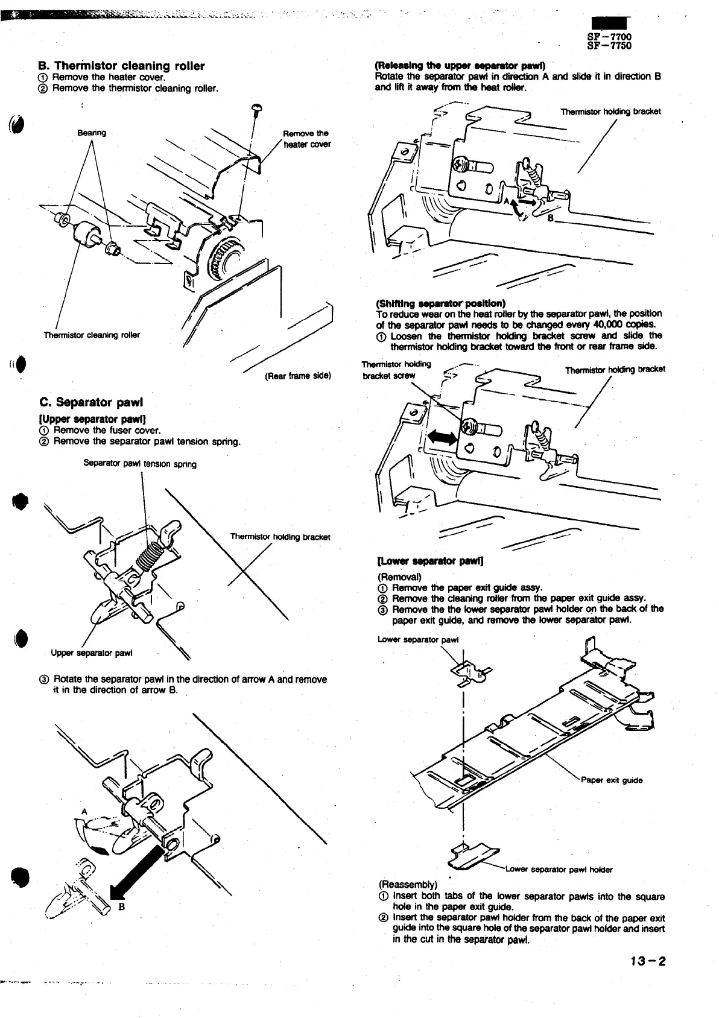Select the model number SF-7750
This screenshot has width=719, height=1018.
click(609, 46)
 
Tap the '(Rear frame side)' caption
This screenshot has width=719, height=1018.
click(297, 376)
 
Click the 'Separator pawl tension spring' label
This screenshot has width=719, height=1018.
click(140, 464)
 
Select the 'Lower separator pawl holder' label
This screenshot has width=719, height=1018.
click(559, 869)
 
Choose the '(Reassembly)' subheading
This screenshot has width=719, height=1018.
click(402, 885)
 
